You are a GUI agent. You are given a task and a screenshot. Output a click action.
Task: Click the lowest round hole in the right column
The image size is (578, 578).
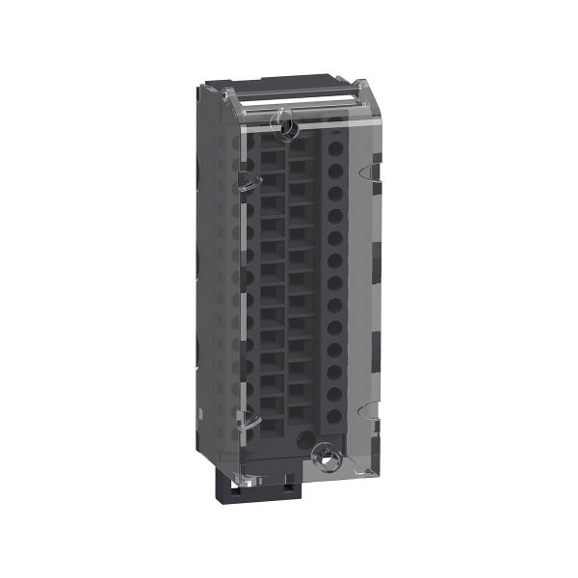pos(335,416)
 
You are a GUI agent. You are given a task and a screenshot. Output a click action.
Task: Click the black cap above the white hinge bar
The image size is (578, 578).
pos(289,83)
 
